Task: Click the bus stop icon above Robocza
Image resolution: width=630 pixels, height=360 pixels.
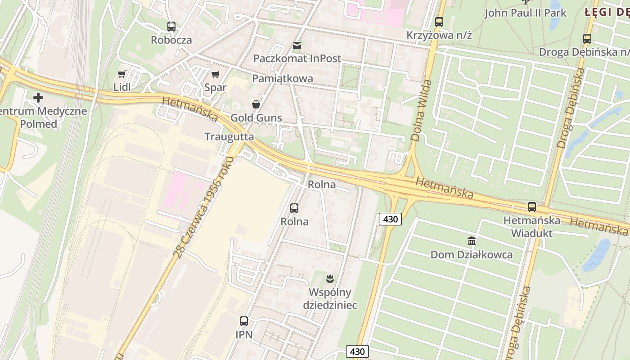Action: coord(171,26)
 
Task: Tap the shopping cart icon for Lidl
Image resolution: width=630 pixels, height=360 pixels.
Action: coord(122,74)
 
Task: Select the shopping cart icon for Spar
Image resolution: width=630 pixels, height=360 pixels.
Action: coord(216,74)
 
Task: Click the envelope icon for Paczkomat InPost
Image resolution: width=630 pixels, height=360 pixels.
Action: coord(297,45)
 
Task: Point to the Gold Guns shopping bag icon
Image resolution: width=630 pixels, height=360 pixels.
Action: coord(256,105)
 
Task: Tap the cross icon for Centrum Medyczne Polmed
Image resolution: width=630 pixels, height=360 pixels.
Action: coord(38,97)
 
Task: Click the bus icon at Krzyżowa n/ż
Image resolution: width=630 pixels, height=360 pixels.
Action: coord(439,22)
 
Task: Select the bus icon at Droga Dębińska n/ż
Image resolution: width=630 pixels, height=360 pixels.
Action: coord(587,38)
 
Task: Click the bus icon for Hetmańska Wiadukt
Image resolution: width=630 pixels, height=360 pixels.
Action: coord(532,207)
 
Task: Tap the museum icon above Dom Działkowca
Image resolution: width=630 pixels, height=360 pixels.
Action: coord(472,241)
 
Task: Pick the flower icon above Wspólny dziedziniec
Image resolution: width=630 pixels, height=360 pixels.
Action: coord(330,279)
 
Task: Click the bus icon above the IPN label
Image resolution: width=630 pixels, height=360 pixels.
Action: coord(244,321)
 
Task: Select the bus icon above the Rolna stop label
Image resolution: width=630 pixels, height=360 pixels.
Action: coord(294,208)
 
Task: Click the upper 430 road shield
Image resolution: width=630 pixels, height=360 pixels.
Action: coord(390,219)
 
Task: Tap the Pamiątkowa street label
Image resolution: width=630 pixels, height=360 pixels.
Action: coord(283,79)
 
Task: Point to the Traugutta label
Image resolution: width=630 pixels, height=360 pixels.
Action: coord(229,137)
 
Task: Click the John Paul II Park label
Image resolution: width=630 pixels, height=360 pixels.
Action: coord(525,13)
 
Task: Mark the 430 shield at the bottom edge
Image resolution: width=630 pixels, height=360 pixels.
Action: coord(358,351)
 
